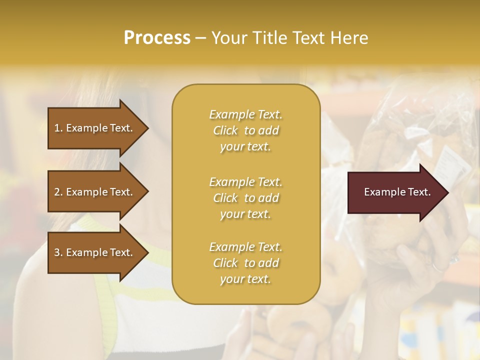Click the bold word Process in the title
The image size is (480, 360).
point(157,38)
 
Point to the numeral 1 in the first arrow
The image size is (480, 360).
point(57,128)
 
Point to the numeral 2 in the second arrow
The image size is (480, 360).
point(57,192)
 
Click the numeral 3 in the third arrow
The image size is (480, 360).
point(57,252)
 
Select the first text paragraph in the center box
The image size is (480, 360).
point(245,130)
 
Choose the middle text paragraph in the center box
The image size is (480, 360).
point(245,198)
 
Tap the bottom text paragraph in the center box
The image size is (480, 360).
point(245,263)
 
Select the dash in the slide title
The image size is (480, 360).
point(200,38)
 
